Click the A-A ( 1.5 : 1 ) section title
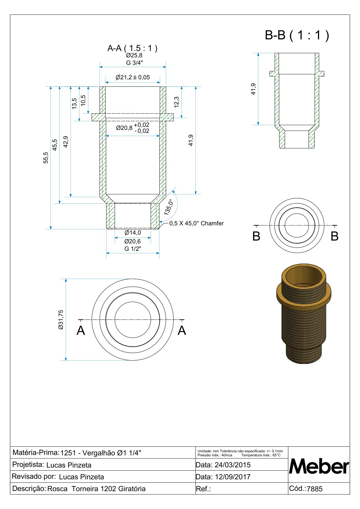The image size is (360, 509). pos(132,48)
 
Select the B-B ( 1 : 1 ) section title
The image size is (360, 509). pos(297,35)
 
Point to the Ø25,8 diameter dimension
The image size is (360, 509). pos(134,56)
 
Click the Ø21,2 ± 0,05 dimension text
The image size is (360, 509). pos(133,77)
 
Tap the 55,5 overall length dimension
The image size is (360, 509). pos(46,158)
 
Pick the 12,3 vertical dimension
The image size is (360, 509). pos(177,102)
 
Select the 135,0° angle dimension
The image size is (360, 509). pos(169,207)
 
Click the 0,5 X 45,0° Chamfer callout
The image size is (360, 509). pos(196,223)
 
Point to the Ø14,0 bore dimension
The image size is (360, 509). pos(133,233)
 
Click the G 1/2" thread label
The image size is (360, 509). pos(133,249)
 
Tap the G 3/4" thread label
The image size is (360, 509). pos(134,63)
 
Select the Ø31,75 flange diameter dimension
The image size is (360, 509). pos(61,319)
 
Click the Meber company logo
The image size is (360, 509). pos(319,466)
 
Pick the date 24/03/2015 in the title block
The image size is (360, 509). pos(232,465)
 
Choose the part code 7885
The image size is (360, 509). pos(315,489)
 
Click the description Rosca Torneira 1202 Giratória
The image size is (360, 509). pos(97,489)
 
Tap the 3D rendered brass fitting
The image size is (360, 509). pos(304,313)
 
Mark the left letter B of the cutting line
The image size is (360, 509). pos(256,236)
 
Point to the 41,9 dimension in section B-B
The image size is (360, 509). pos(254,89)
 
